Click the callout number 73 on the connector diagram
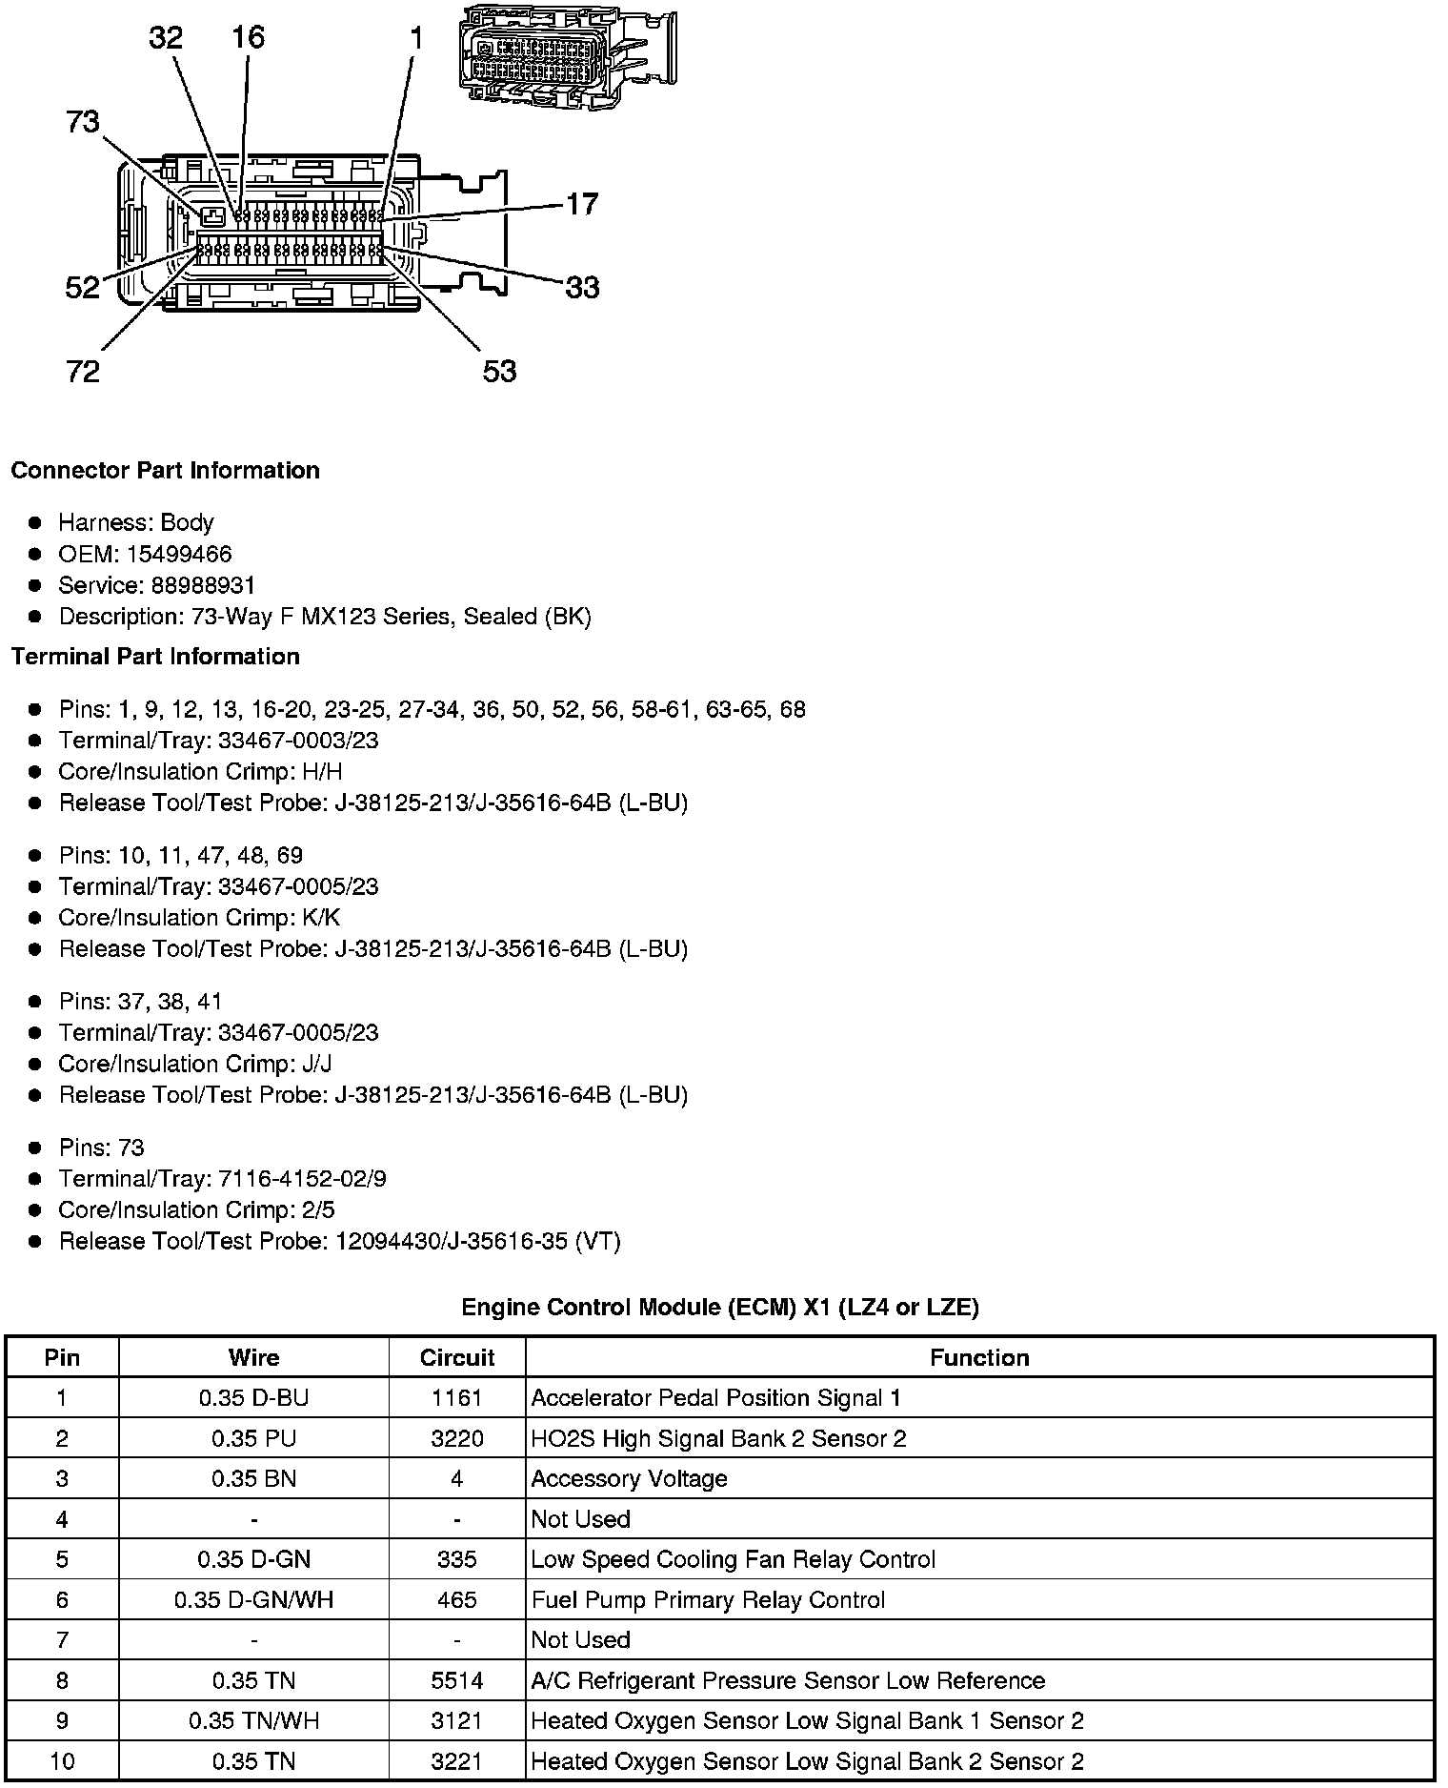(83, 122)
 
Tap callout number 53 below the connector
(499, 371)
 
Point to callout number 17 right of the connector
(582, 204)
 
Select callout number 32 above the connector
(166, 38)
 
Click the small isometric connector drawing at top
(567, 55)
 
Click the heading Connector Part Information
(165, 471)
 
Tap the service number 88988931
(203, 585)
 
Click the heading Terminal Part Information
(155, 657)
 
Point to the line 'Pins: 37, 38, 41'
(140, 1002)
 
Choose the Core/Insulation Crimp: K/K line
(199, 918)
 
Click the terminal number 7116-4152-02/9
(302, 1179)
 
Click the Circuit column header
(457, 1358)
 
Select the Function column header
(979, 1358)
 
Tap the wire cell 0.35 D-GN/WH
(253, 1600)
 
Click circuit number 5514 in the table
(457, 1681)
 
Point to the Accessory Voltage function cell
(629, 1479)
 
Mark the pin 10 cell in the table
(62, 1761)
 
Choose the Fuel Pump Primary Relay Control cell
(708, 1600)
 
